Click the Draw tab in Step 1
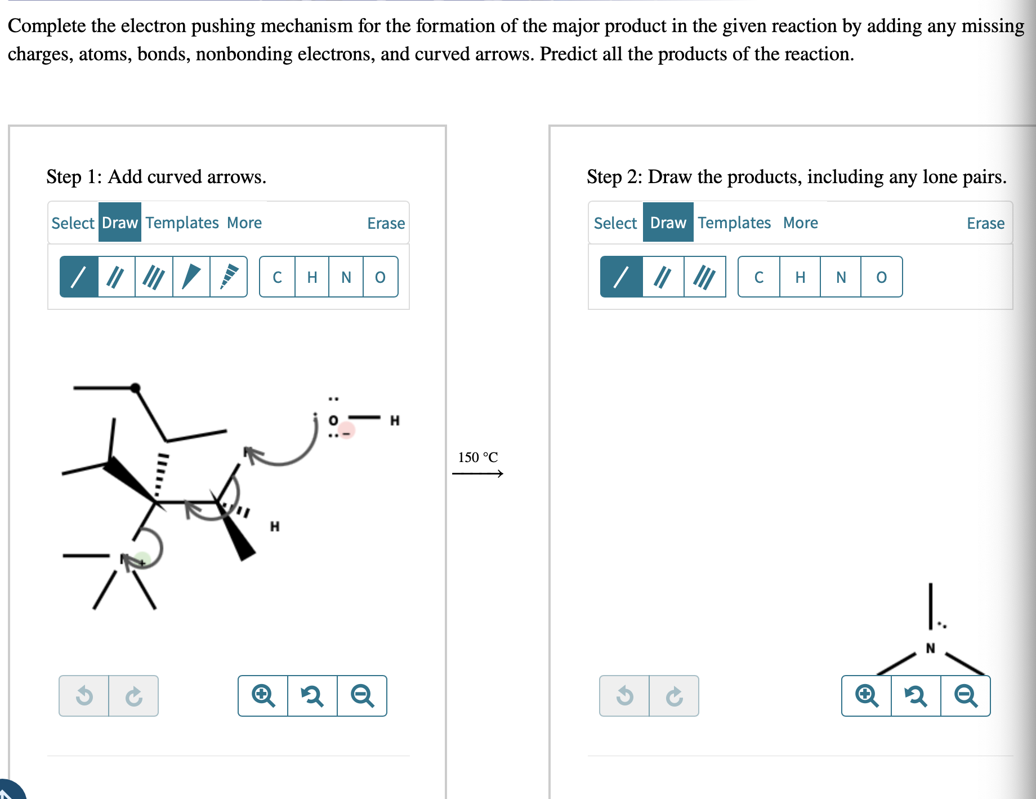[x=119, y=223]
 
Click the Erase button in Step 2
[x=985, y=223]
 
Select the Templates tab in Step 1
[x=182, y=223]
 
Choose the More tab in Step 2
[x=800, y=223]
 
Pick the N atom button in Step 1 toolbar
[x=346, y=277]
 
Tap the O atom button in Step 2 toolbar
[x=881, y=277]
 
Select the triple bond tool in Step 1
[x=153, y=277]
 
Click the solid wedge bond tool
[x=191, y=277]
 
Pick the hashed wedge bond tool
[x=228, y=277]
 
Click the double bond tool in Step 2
[x=663, y=277]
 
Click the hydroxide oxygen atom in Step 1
[x=333, y=420]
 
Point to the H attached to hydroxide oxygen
[x=395, y=420]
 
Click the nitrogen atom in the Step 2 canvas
[x=930, y=648]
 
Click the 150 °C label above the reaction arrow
[x=477, y=457]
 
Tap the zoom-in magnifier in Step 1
[x=263, y=695]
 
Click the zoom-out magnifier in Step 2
[x=965, y=695]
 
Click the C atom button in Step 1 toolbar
[x=277, y=277]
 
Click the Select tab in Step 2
[x=615, y=223]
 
